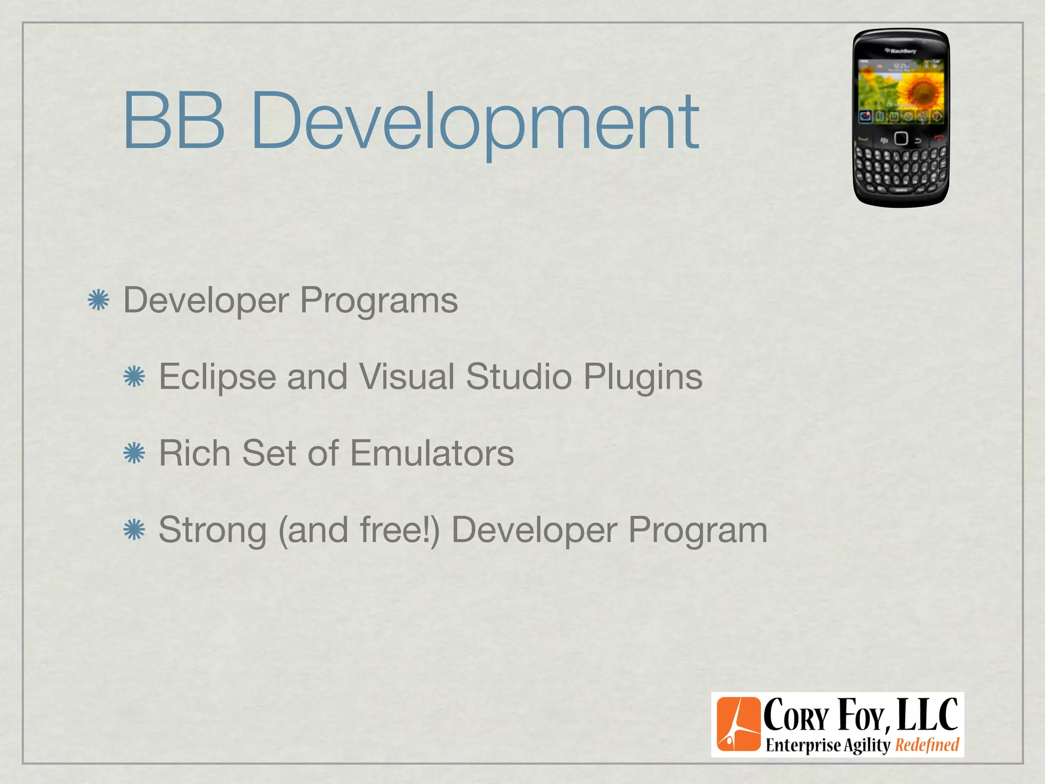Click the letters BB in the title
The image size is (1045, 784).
[x=173, y=120]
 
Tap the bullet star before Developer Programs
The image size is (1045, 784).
[x=98, y=300]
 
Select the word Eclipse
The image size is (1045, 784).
[x=217, y=377]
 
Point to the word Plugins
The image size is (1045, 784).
[x=642, y=377]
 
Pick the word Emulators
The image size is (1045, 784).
[x=432, y=453]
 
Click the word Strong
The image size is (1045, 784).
[x=212, y=530]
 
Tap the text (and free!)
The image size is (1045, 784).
[x=359, y=530]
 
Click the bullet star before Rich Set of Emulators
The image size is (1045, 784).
[x=134, y=453]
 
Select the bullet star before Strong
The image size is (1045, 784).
[x=134, y=530]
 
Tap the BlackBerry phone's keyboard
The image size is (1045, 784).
[x=901, y=166]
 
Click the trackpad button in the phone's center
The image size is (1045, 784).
[x=901, y=138]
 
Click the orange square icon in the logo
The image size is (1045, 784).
[x=738, y=724]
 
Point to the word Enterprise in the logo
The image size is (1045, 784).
[x=803, y=745]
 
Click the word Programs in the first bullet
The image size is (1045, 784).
[x=379, y=300]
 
